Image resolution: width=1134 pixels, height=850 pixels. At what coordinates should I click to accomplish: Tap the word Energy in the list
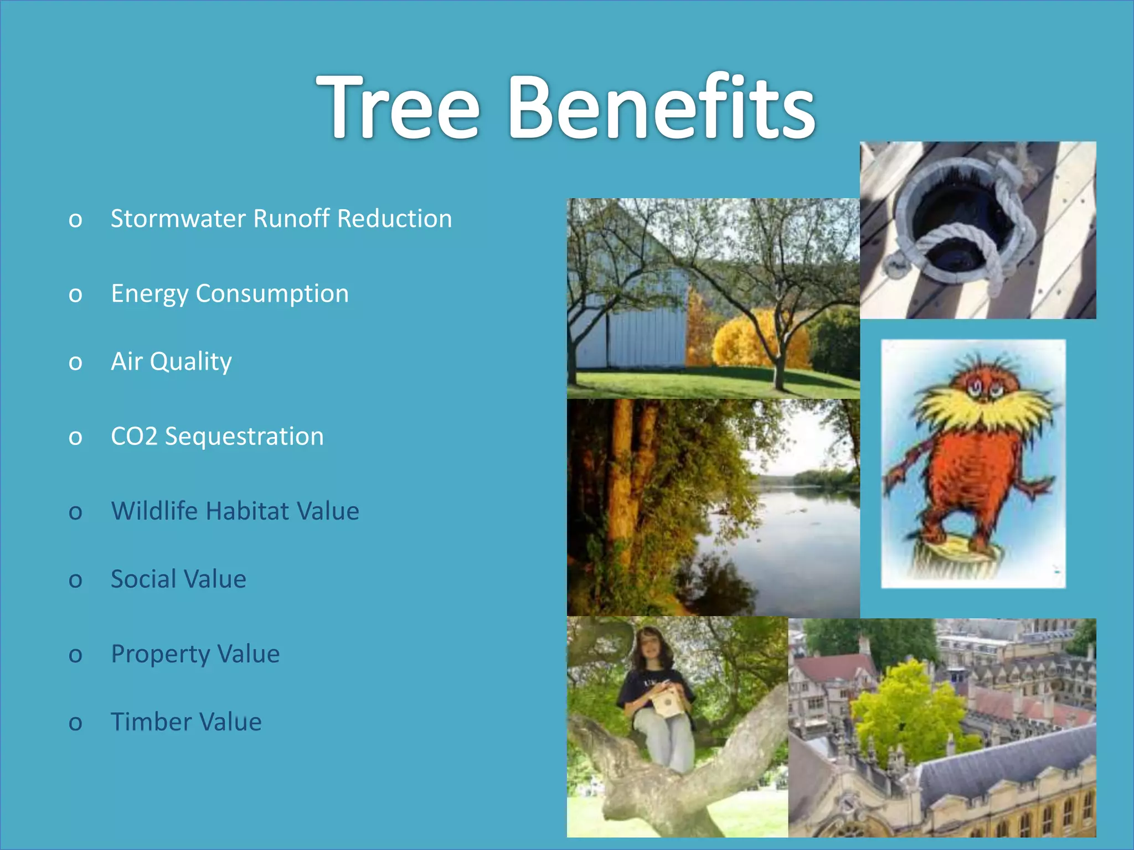click(x=150, y=294)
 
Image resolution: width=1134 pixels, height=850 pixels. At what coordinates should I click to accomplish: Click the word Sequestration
click(x=244, y=437)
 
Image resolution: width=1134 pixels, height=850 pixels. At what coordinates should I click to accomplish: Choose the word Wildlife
click(x=154, y=511)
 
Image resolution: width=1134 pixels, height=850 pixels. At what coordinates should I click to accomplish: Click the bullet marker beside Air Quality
click(x=75, y=363)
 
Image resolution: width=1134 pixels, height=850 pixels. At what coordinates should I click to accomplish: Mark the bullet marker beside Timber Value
click(x=75, y=723)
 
